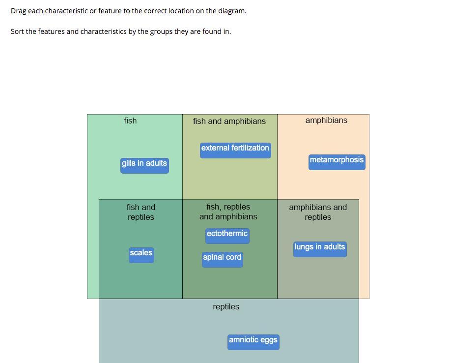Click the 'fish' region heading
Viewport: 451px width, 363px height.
[x=130, y=121]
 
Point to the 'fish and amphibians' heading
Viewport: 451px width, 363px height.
[x=229, y=121]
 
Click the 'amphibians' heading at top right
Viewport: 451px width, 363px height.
[x=326, y=121]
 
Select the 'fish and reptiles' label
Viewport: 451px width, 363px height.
[x=141, y=212]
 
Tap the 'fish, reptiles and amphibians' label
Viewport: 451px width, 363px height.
[x=228, y=212]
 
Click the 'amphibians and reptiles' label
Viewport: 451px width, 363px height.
[x=318, y=212]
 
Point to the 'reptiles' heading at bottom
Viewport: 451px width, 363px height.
[x=226, y=307]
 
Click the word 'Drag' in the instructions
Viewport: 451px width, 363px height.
[x=19, y=11]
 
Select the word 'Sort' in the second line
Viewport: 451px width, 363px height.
[x=17, y=31]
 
